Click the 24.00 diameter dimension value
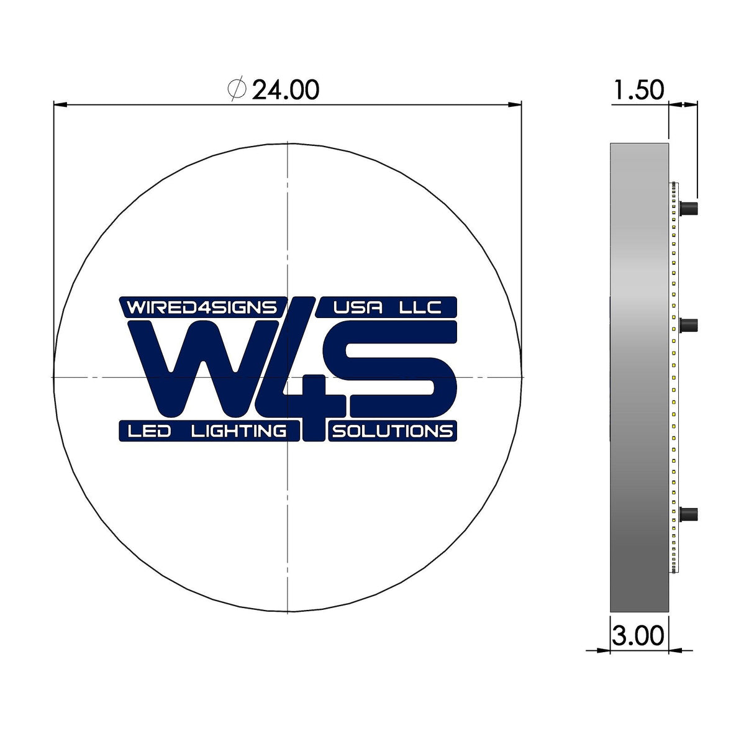click(286, 90)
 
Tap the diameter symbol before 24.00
click(237, 89)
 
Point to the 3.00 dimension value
click(638, 636)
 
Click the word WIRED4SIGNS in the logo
click(202, 307)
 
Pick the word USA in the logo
click(358, 307)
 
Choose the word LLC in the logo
click(420, 307)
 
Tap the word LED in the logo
click(149, 431)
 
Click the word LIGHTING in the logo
click(239, 431)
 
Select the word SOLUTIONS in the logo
click(393, 431)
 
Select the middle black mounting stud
click(689, 325)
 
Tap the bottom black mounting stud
click(689, 514)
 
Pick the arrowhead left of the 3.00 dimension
click(603, 650)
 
